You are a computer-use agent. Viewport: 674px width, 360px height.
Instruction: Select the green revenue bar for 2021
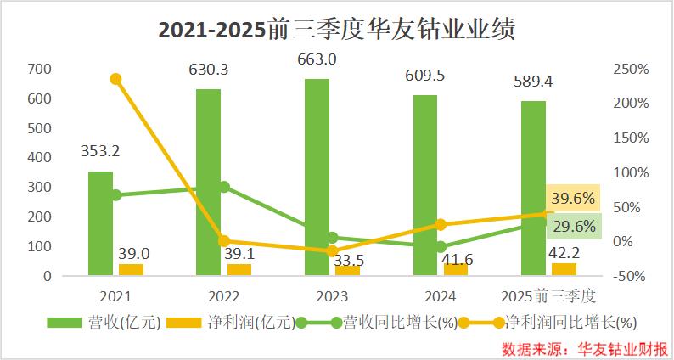100,224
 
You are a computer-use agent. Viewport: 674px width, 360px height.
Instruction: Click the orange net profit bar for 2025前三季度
564,269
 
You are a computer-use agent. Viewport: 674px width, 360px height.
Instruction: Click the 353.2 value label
100,153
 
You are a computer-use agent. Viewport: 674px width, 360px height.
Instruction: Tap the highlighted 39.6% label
572,198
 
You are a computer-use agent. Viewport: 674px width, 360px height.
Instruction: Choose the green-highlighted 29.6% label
572,226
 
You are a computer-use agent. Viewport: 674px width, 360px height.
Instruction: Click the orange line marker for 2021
116,79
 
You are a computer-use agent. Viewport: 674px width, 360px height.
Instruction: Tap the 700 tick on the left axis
41,69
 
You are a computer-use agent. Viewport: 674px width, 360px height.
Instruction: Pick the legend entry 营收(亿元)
103,323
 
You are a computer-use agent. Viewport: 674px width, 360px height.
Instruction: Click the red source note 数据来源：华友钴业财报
581,348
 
